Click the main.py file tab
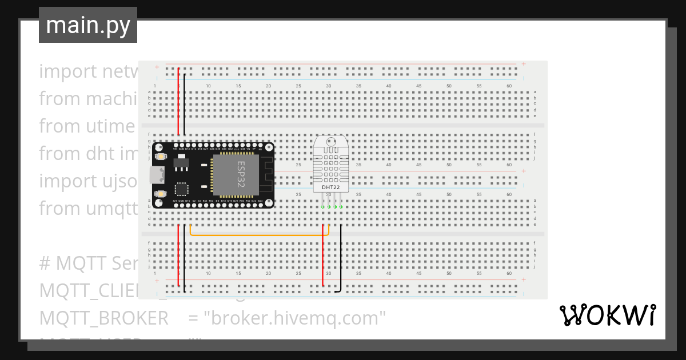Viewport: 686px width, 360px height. (x=88, y=25)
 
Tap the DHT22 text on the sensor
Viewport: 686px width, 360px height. (x=330, y=187)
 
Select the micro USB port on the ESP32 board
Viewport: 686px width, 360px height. (x=155, y=175)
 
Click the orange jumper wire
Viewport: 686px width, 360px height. (x=257, y=234)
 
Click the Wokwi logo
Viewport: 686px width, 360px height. (x=607, y=315)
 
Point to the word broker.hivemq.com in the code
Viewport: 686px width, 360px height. (x=295, y=318)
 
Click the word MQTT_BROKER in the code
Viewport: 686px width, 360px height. (x=103, y=318)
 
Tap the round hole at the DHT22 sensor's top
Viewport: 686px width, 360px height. (x=330, y=141)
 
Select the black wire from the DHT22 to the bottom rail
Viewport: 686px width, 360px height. (x=341, y=257)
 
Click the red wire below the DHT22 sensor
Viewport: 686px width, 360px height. (x=324, y=257)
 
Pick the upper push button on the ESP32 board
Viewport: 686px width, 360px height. (x=161, y=156)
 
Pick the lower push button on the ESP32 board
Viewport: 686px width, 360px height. (x=161, y=194)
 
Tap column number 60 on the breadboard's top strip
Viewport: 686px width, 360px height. (x=509, y=86)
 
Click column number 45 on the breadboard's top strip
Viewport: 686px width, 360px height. (x=418, y=86)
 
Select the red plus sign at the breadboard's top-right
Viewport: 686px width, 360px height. (x=523, y=64)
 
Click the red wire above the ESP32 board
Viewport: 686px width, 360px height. (x=178, y=103)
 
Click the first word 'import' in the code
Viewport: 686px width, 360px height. (x=60, y=71)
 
